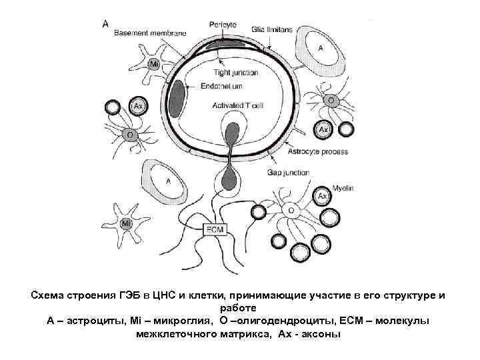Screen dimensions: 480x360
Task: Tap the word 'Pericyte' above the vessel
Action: tap(223, 25)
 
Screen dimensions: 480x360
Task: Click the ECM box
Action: tap(215, 229)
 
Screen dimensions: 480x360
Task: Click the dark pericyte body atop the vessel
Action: tap(221, 45)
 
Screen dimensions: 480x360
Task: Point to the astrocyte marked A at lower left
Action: tap(167, 180)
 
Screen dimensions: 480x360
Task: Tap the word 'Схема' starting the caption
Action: tap(47, 295)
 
